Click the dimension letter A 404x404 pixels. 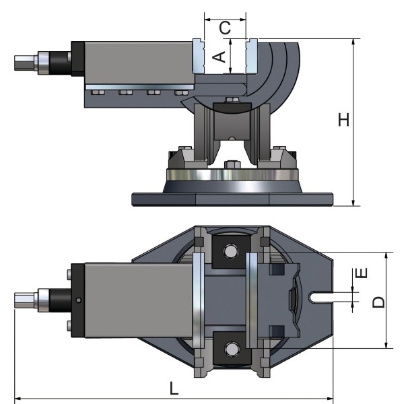pyautogui.click(x=218, y=57)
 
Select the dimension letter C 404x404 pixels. pyautogui.click(x=226, y=28)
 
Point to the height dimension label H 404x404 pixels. pyautogui.click(x=343, y=120)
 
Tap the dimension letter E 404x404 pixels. pyautogui.click(x=362, y=273)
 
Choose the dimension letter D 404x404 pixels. pyautogui.click(x=378, y=301)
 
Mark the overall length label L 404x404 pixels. pyautogui.click(x=174, y=389)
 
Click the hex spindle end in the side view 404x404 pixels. pyautogui.click(x=24, y=64)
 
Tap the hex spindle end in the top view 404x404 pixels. pyautogui.click(x=24, y=300)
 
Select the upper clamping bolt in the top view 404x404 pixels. pyautogui.click(x=232, y=251)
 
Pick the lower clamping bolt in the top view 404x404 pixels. pyautogui.click(x=232, y=349)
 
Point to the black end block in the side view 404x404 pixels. pyautogui.click(x=75, y=61)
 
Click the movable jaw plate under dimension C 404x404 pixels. pyautogui.click(x=199, y=57)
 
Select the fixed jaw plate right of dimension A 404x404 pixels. pyautogui.click(x=252, y=57)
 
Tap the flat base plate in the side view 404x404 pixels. pyautogui.click(x=232, y=199)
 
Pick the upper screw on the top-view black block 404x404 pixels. pyautogui.click(x=70, y=274)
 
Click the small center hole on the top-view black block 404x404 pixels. pyautogui.click(x=79, y=300)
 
